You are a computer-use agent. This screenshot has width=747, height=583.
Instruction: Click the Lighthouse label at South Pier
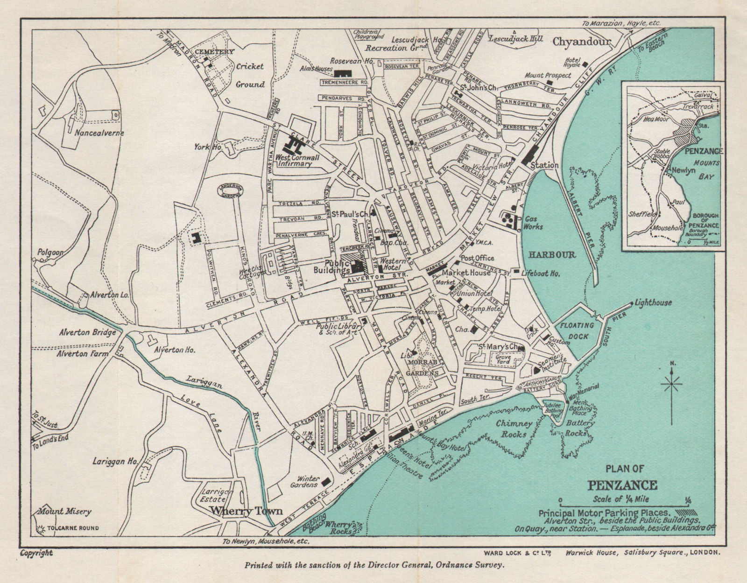coord(653,303)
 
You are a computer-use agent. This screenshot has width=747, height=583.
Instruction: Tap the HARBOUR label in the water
coord(552,255)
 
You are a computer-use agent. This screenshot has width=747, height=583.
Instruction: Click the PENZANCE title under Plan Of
coord(625,485)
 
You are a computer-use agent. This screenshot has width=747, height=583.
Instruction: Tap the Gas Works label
coord(533,223)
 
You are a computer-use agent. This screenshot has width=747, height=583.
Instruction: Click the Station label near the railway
coord(544,165)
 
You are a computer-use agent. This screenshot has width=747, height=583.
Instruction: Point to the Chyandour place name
coord(581,42)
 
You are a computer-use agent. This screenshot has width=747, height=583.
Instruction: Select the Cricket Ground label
coord(250,75)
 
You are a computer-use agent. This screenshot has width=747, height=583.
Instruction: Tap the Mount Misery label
coord(57,511)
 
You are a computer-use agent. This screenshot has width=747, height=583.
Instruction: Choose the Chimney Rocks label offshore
coord(514,428)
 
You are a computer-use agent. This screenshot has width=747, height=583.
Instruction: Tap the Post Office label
coord(477,258)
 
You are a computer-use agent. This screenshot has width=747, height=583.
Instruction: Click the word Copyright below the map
coord(36,553)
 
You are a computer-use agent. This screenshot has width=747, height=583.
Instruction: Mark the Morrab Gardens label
coord(423,367)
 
